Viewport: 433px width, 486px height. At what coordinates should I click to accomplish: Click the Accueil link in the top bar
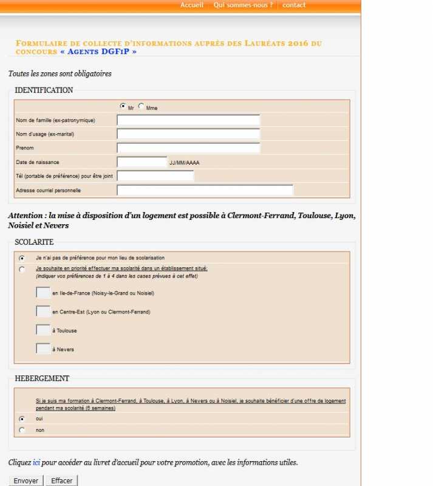click(191, 5)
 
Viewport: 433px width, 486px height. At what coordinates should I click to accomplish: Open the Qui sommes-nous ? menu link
click(243, 5)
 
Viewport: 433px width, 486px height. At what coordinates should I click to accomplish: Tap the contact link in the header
click(294, 5)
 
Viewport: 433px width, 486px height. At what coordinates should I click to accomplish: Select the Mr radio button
click(123, 106)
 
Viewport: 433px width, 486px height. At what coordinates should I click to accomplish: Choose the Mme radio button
click(141, 106)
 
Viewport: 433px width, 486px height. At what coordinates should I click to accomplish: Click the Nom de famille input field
click(188, 120)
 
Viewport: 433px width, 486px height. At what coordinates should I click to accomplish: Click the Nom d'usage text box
click(188, 134)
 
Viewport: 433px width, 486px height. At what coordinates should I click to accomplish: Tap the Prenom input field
click(188, 148)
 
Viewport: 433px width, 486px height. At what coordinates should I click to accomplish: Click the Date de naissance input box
click(141, 162)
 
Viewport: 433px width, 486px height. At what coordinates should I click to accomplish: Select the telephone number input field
click(155, 176)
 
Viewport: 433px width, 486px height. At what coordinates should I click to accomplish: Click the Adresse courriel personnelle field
click(205, 190)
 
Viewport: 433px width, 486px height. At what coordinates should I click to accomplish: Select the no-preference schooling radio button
click(22, 258)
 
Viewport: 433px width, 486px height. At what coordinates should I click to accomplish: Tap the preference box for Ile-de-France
click(43, 293)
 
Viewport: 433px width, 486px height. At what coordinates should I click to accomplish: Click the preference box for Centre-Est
click(43, 312)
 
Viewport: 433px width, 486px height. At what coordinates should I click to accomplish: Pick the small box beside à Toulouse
click(43, 330)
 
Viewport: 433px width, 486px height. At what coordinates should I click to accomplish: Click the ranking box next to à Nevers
click(43, 349)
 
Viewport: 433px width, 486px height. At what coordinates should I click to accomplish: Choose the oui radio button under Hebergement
click(22, 419)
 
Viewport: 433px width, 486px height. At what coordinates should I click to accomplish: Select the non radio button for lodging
click(22, 430)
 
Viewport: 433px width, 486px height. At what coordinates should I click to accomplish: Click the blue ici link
click(36, 463)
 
